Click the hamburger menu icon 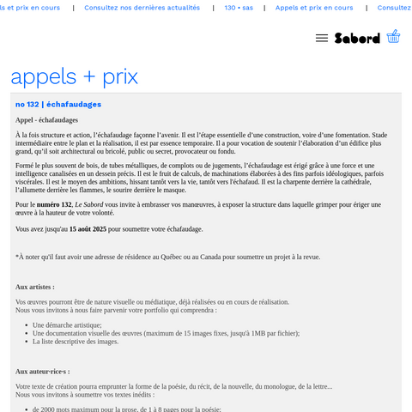[x=322, y=38]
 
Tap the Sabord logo [x=357, y=38]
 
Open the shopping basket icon [x=393, y=36]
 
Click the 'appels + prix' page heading [x=74, y=76]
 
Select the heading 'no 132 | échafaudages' [x=58, y=104]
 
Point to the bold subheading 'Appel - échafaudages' [x=46, y=120]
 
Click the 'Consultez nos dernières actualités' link [x=142, y=8]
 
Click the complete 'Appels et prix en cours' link [x=314, y=8]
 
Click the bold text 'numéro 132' [x=54, y=204]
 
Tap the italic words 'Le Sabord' [x=90, y=204]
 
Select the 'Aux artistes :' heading [x=35, y=287]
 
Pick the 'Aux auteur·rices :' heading [x=43, y=371]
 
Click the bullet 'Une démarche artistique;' [x=67, y=325]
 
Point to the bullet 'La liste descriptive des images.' [x=76, y=341]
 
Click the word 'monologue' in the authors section [x=276, y=386]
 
